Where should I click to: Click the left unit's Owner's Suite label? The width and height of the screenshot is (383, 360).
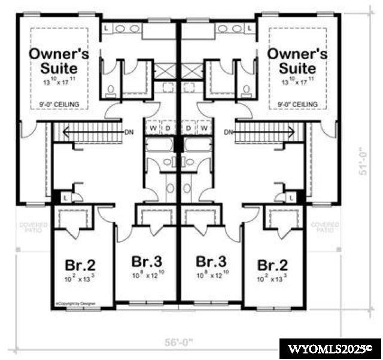coord(60,61)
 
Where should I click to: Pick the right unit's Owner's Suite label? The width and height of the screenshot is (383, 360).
coord(297,61)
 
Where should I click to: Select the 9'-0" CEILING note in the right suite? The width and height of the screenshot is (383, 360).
coord(297,105)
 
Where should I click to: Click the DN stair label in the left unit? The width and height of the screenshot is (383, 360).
coord(129,132)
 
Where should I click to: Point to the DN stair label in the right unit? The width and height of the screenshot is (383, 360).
coord(229,132)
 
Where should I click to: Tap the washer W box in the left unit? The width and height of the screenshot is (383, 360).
coord(153,127)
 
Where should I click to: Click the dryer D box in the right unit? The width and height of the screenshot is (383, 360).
coord(189,127)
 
